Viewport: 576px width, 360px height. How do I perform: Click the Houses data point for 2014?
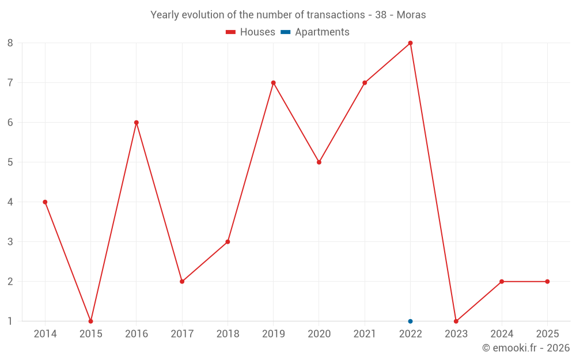point(45,202)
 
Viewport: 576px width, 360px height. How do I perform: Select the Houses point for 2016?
point(137,123)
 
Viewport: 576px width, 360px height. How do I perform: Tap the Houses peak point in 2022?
point(410,43)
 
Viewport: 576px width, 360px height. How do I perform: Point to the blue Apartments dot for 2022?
point(410,321)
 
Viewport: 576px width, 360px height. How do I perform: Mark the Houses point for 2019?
point(274,83)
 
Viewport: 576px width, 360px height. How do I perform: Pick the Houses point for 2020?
point(319,162)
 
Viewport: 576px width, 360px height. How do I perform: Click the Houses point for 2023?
point(456,321)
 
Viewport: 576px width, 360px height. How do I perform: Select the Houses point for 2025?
point(547,282)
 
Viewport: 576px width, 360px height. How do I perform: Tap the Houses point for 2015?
point(90,321)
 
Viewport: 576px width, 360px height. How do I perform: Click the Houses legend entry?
point(251,32)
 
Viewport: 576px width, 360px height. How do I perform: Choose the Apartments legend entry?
point(316,32)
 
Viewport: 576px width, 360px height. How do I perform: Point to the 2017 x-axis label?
point(182,334)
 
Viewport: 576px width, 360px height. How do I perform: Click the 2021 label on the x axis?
point(365,334)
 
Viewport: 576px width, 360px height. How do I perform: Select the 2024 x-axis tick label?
point(502,334)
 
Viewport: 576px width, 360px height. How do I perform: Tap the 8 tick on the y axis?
point(10,43)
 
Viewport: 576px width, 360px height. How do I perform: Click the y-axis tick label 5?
point(10,162)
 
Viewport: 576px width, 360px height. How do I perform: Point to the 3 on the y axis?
point(10,242)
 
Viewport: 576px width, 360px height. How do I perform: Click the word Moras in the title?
point(411,15)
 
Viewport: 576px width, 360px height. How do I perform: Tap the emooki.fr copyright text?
point(526,348)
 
